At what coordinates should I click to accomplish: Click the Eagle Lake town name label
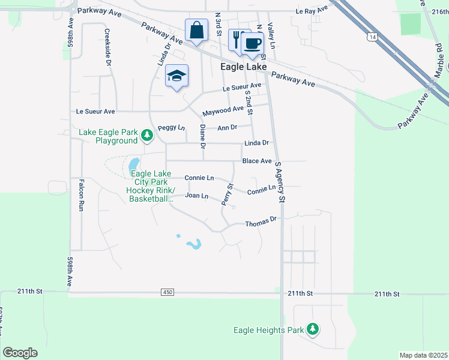pos(243,67)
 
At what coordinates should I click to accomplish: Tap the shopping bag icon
pos(196,30)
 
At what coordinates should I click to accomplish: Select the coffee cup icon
pos(253,43)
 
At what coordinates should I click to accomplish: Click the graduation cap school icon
pos(176,76)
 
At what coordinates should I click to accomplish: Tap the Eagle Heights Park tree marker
pos(312,329)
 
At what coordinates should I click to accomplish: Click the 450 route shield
pos(167,292)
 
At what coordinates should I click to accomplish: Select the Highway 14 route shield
pos(373,37)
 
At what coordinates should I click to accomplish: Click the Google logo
pos(20,353)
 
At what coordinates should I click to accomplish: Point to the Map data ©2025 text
pos(424,355)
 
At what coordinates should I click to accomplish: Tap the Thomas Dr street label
pos(260,223)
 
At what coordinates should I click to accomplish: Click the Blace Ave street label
pos(257,161)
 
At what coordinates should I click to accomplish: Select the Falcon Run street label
pos(80,196)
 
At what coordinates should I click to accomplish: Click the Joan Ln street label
pos(196,196)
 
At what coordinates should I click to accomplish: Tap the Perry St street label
pos(227,196)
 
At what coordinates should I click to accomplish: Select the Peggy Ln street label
pos(171,128)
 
